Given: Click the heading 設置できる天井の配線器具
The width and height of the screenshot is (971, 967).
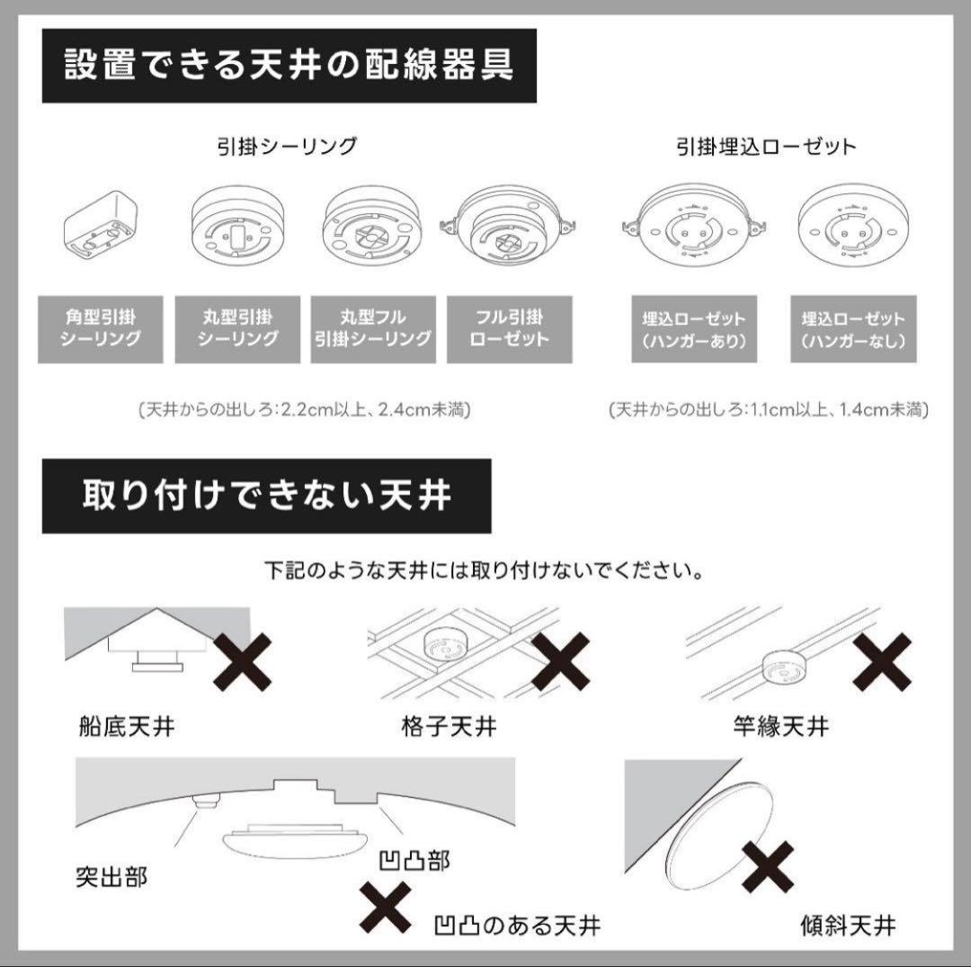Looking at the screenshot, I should (289, 67).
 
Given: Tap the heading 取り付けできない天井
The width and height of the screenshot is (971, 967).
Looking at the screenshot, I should (266, 496).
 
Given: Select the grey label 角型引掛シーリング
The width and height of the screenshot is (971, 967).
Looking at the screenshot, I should (101, 328).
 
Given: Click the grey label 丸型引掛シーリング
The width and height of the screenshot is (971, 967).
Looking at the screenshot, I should (237, 328).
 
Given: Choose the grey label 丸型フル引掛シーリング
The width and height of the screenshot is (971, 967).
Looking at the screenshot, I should (373, 328).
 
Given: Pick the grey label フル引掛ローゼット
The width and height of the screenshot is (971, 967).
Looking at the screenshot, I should (510, 328).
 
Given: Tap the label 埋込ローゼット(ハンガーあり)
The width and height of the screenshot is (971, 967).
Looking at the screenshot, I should (693, 329).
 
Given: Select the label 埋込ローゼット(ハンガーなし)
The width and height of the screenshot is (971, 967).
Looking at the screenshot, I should (853, 329).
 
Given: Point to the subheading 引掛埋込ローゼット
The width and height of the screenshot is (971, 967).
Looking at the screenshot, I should (765, 147).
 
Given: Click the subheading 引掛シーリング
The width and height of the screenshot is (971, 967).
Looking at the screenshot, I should (287, 147).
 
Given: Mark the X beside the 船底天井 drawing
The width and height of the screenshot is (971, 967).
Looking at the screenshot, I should (243, 661).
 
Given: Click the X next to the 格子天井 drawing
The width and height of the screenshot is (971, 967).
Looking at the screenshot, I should (560, 661).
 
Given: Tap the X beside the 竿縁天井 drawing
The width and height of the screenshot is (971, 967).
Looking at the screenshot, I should (881, 661).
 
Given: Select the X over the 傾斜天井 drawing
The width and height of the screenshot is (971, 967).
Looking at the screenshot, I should (767, 867).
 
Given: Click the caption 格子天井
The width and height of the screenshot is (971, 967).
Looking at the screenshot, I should (448, 726).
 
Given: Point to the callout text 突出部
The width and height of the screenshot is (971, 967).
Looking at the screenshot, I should (112, 877).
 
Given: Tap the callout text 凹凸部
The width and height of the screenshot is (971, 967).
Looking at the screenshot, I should (414, 861).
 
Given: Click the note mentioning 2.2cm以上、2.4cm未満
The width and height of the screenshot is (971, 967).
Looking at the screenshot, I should (304, 409).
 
